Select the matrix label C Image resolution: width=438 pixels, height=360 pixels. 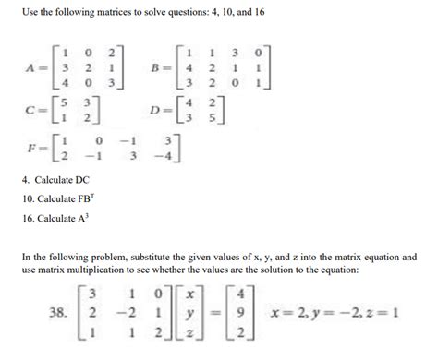click(31, 116)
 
